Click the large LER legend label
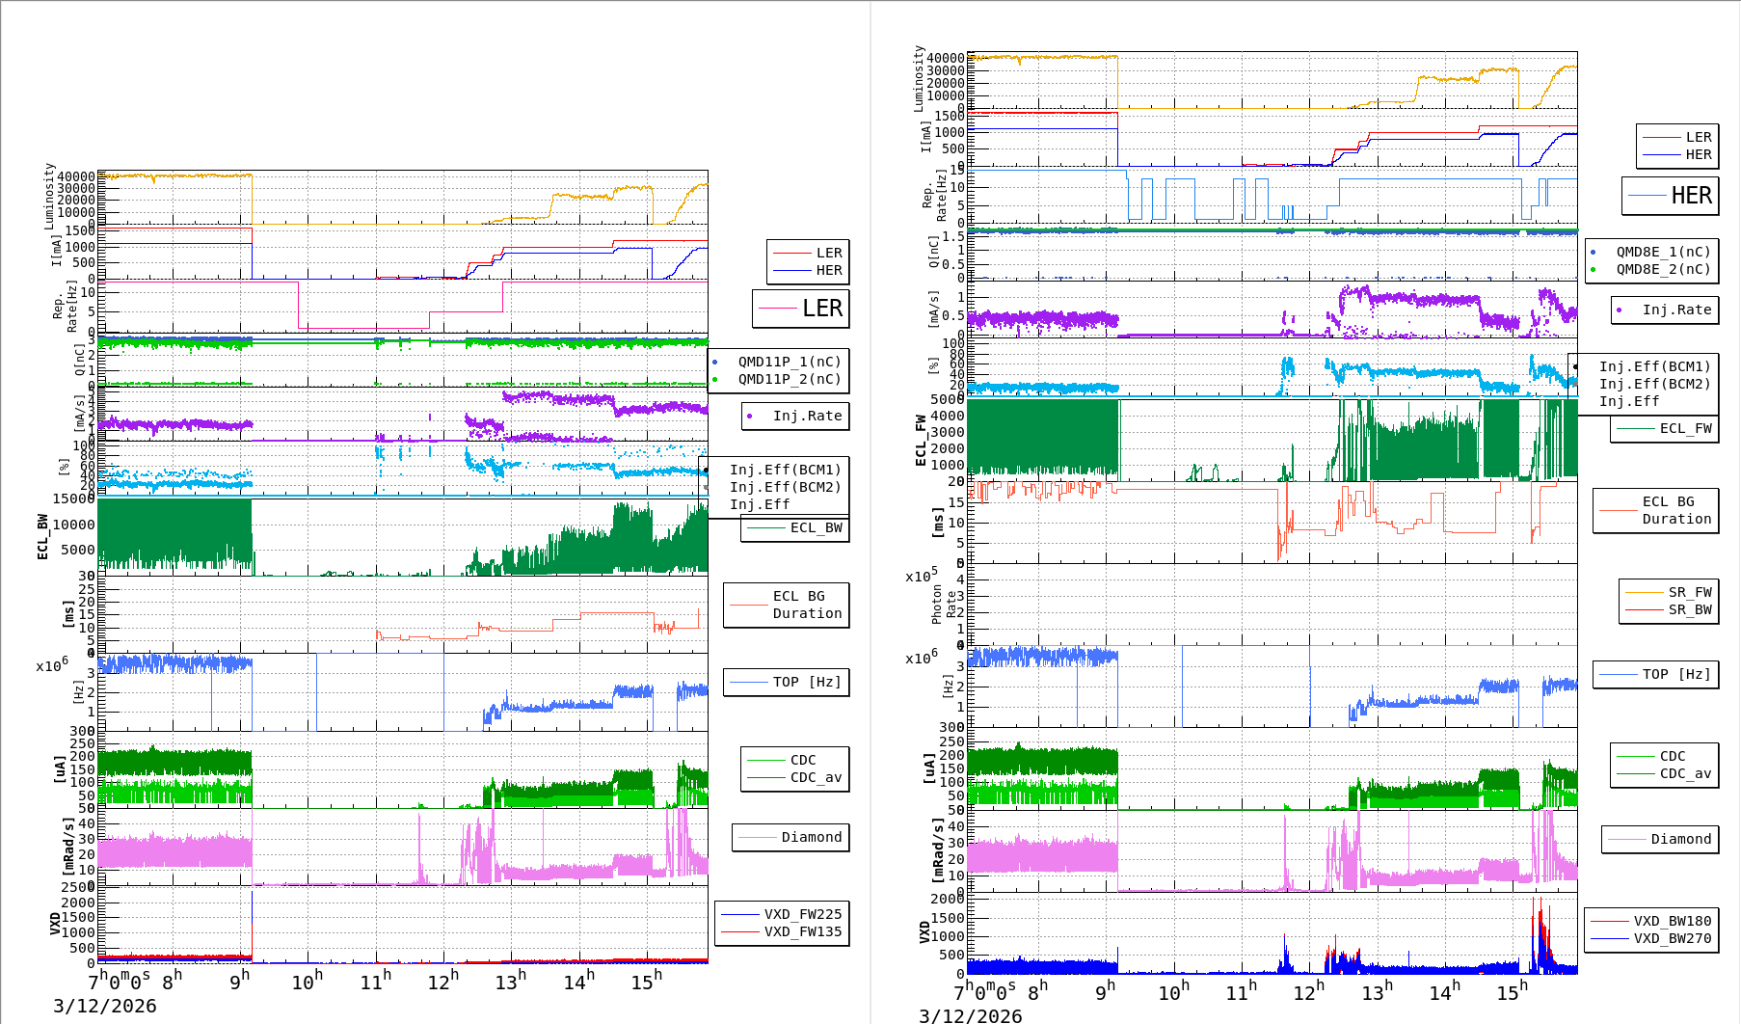[x=821, y=309]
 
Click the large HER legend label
[x=1691, y=196]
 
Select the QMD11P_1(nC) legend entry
[x=789, y=362]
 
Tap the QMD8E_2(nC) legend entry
[x=1663, y=269]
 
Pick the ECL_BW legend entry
[x=816, y=527]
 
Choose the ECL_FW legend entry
[x=1685, y=428]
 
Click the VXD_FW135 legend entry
[x=802, y=931]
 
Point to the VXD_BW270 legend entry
[x=1672, y=938]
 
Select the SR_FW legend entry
[x=1690, y=592]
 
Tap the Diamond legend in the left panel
[x=811, y=837]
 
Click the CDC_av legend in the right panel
[x=1684, y=773]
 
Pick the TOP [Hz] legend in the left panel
[x=806, y=682]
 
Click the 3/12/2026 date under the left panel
[x=104, y=1007]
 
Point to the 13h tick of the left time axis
[x=510, y=981]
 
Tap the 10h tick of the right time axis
[x=1173, y=991]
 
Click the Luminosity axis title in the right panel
[x=919, y=79]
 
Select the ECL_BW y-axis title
[x=42, y=536]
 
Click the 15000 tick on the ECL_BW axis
[x=73, y=499]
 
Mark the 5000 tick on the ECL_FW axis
[x=947, y=399]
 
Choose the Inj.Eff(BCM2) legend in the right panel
[x=1654, y=384]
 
